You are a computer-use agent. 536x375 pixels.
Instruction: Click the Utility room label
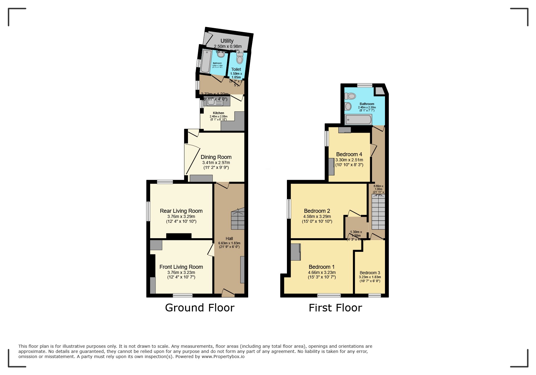[227, 41]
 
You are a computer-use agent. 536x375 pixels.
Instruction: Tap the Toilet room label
[236, 69]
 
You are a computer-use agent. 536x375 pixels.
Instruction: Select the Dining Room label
[216, 157]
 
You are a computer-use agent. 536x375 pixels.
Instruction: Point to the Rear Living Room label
[181, 211]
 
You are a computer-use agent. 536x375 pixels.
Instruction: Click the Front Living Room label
[181, 267]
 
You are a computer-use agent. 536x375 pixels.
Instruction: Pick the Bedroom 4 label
[349, 154]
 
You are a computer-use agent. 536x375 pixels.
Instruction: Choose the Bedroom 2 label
[317, 211]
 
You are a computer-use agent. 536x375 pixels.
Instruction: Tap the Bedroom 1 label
[321, 267]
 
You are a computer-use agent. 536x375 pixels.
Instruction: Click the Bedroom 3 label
[370, 273]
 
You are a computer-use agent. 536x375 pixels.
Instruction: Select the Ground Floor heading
[199, 308]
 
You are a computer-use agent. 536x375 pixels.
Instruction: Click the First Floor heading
[335, 308]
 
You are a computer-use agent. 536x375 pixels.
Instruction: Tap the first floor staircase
[378, 212]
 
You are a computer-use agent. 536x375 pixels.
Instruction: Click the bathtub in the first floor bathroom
[358, 120]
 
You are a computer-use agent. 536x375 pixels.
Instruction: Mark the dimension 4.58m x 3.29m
[317, 216]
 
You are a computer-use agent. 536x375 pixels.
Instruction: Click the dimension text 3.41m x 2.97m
[216, 163]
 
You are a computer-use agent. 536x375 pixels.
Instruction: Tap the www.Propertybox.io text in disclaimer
[223, 357]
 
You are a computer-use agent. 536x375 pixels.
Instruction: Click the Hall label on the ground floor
[229, 238]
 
